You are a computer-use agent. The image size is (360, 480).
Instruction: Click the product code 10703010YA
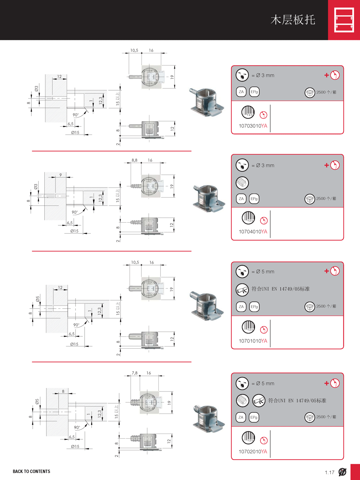point(253,126)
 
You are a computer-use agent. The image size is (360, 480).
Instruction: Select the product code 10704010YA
point(253,232)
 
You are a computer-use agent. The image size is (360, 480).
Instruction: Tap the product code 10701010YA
point(253,341)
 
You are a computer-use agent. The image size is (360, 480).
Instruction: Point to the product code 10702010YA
point(253,452)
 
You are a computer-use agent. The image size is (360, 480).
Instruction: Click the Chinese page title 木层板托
point(293,20)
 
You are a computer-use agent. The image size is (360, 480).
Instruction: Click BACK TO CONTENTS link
point(31,471)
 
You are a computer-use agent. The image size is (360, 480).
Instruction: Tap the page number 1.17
point(329,472)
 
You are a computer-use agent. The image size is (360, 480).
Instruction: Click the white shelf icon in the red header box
point(344,20)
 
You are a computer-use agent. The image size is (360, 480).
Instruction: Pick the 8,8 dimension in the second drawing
point(134,160)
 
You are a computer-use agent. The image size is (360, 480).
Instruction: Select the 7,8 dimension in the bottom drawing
point(135,373)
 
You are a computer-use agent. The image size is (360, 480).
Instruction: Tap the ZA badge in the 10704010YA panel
point(241,199)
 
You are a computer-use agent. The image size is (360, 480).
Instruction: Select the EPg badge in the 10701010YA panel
point(254,307)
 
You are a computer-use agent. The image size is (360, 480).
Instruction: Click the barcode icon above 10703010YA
point(248,112)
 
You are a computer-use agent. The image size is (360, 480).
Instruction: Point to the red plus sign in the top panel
point(327,75)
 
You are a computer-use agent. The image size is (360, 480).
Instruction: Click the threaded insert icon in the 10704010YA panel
point(242,183)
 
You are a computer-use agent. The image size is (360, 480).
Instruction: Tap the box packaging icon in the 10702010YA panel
point(310,417)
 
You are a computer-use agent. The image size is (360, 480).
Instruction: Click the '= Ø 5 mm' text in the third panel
point(263,272)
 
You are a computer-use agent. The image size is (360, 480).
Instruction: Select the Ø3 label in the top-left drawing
point(36,88)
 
